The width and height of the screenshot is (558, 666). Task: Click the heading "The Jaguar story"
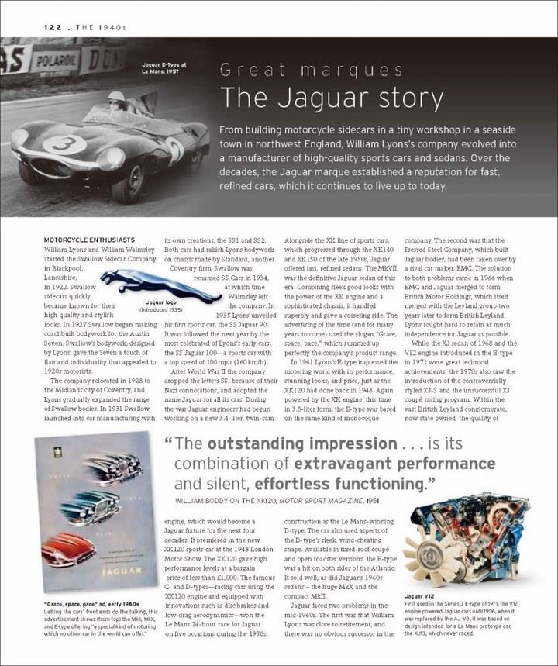tap(332, 98)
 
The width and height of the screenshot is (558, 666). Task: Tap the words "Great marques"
tap(306, 71)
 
